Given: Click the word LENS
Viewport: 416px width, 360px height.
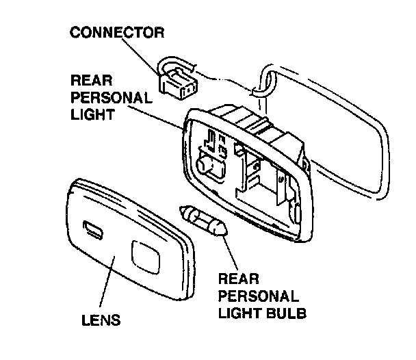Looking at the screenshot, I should tap(102, 319).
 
